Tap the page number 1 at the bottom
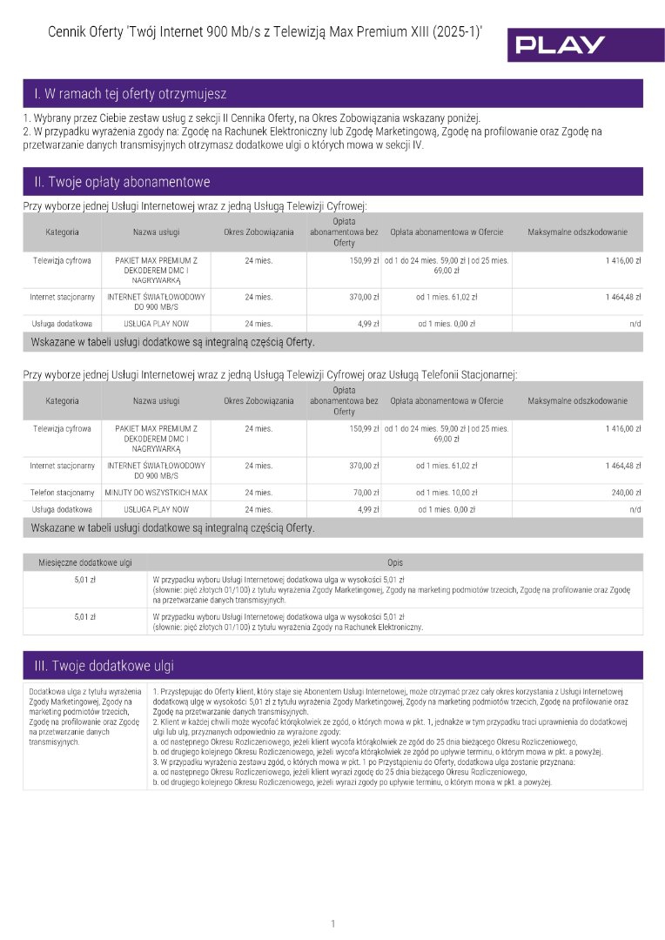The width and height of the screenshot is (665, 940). click(332, 923)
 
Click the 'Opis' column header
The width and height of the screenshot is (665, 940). click(395, 562)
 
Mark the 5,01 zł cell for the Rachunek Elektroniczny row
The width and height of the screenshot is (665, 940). click(84, 617)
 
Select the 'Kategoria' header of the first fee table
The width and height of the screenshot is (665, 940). click(62, 232)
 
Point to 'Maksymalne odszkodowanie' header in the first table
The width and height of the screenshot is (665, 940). click(577, 232)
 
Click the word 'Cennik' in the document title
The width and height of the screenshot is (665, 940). click(70, 32)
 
